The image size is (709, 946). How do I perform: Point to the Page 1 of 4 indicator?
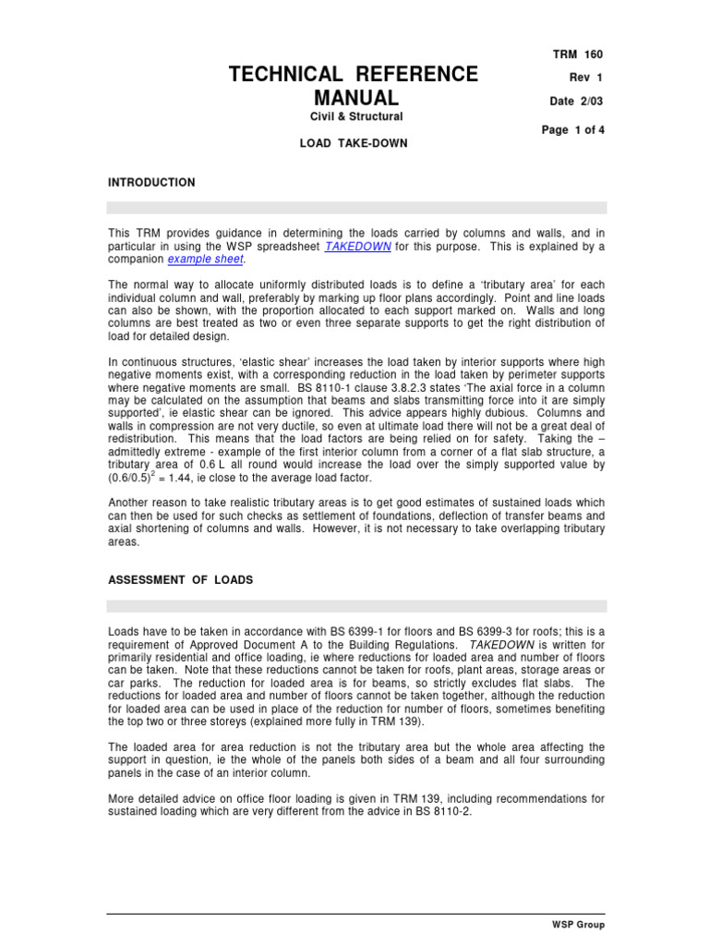click(571, 130)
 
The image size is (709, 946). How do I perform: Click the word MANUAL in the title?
click(355, 97)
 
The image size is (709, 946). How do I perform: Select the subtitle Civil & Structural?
click(354, 116)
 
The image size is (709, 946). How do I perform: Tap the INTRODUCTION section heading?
click(151, 183)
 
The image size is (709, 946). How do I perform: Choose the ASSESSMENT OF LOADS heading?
click(180, 580)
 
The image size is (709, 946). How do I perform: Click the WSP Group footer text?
click(576, 924)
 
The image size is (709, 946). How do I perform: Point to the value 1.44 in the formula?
click(201, 478)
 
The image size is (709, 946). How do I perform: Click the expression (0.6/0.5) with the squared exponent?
click(137, 478)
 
